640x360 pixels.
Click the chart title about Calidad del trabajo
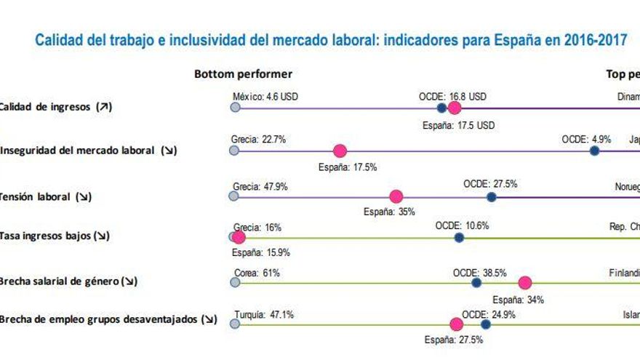pos(331,39)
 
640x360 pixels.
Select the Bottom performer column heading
pos(243,74)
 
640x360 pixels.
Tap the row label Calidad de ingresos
pos(55,107)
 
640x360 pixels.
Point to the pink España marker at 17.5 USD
pos(455,108)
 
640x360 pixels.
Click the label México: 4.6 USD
pos(265,96)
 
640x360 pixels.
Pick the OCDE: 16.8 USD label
pos(452,96)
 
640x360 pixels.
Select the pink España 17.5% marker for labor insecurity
pos(339,151)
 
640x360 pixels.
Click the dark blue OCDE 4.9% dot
pos(594,151)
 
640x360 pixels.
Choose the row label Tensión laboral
pos(45,196)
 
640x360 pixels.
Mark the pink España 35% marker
pos(396,196)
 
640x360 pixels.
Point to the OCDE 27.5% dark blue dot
pos(491,196)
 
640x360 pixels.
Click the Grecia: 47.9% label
pos(260,186)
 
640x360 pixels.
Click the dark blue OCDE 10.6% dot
pos(459,237)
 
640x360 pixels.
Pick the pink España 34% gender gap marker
pos(525,283)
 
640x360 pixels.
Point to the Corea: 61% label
pos(257,273)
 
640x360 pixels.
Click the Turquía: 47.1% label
pos(263,315)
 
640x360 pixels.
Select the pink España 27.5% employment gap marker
pos(457,324)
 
